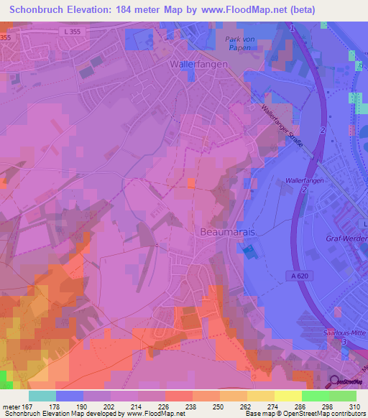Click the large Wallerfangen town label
click(x=198, y=63)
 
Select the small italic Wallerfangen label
click(x=306, y=181)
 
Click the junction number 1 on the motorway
click(x=294, y=27)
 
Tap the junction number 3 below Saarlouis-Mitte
click(x=345, y=343)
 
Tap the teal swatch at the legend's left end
click(x=42, y=396)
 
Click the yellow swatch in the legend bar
click(x=287, y=396)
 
